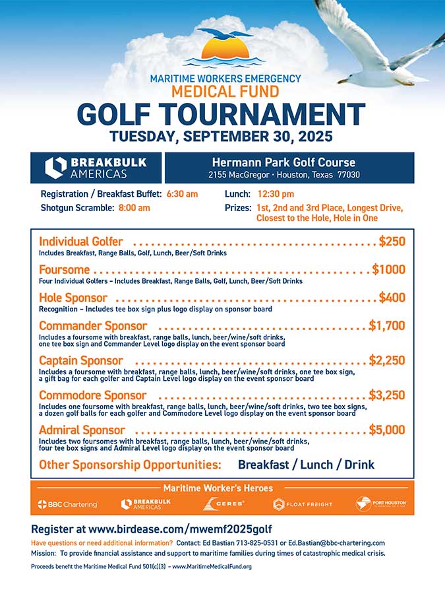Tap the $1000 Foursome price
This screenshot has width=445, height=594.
388,269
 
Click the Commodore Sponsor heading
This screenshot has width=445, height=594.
93,395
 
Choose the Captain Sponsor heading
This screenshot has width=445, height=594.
81,360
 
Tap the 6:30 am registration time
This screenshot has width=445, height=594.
183,194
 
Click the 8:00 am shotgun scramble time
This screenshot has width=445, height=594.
134,207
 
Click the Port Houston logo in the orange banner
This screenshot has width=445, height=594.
381,504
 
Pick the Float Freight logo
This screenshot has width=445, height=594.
303,504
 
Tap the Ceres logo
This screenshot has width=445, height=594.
224,504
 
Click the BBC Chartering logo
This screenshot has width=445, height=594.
67,504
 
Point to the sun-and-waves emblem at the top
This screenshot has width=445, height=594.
225,49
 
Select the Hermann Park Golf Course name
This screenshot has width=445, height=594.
283,162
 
